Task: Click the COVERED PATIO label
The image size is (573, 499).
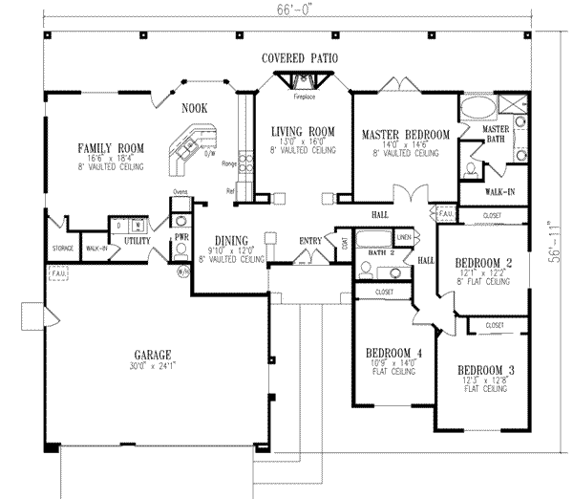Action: (300, 59)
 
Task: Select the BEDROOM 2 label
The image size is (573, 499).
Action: (483, 262)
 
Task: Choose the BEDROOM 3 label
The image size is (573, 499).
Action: (486, 370)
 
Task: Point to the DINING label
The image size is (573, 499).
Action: (231, 241)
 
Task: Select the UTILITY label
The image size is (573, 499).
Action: (137, 241)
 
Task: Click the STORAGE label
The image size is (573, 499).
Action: (62, 249)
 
